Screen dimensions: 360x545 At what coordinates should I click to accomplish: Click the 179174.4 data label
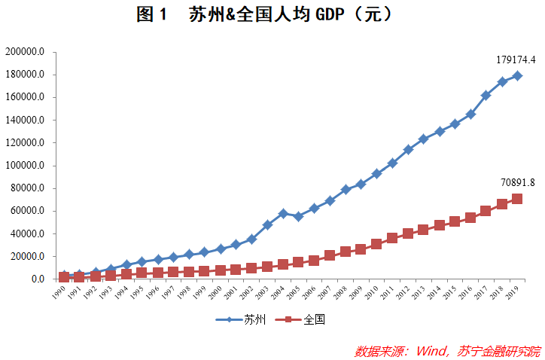click(516, 59)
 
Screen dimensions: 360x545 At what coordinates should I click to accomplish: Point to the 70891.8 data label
click(517, 182)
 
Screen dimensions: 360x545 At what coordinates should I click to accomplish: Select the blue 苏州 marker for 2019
click(517, 75)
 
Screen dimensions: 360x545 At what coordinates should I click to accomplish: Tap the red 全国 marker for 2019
click(517, 199)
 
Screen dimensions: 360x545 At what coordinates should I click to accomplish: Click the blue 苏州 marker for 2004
click(283, 214)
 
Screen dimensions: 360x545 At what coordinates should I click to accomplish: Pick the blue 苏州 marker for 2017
click(486, 96)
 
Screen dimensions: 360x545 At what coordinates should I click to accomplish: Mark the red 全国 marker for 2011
click(392, 238)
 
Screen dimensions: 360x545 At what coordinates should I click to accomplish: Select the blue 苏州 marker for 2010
click(376, 173)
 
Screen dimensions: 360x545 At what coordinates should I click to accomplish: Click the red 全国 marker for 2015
click(455, 221)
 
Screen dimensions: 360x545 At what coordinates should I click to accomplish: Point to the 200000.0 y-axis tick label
click(26, 52)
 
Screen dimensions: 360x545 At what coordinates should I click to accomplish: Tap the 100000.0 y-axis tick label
click(26, 166)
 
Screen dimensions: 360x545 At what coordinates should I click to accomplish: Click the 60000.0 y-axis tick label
click(28, 211)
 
